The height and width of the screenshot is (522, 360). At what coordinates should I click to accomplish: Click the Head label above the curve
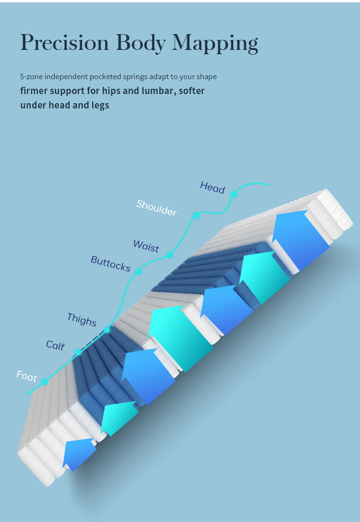pos(213,188)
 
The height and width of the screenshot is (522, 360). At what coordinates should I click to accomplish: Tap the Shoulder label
pos(156,208)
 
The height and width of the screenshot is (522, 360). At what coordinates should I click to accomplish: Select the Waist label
pos(146,246)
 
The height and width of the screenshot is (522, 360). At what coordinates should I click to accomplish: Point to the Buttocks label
pos(110,264)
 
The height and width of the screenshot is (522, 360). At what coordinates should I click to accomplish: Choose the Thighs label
pos(82,320)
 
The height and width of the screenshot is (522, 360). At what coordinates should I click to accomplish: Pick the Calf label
pos(55,345)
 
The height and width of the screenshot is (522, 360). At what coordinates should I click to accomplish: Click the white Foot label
pos(27,376)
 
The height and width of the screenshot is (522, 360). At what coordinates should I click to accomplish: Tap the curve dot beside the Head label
pos(234,194)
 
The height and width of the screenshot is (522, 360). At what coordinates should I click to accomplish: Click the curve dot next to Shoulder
pos(196,215)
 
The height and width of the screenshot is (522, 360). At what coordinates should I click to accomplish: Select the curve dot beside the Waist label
pos(169,255)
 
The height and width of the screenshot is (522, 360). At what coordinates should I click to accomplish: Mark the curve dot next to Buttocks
pos(138,272)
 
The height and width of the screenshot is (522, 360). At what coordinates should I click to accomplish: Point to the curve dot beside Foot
pos(44,382)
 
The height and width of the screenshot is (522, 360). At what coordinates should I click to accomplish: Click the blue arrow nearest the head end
pos(301,239)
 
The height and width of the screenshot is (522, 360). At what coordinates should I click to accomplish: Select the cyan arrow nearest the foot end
pos(120,417)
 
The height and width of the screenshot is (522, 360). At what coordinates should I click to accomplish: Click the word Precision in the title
pos(65,43)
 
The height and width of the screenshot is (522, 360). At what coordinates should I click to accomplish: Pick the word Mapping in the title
pos(215,44)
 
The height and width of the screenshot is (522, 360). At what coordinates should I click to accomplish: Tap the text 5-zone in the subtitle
pos(32,77)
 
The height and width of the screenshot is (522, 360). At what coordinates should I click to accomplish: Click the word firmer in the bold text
pos(33,91)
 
